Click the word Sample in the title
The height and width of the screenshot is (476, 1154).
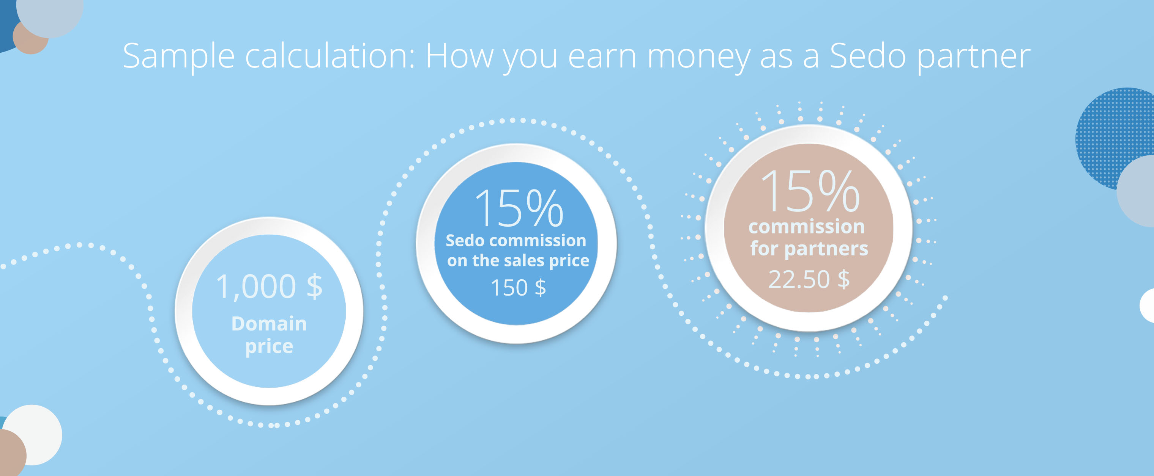click(178, 57)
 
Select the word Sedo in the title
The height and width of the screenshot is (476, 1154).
click(868, 56)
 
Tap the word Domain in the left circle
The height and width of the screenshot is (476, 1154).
click(269, 323)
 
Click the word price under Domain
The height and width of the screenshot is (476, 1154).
click(269, 347)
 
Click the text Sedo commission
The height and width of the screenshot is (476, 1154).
click(516, 241)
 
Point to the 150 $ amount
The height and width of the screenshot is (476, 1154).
click(518, 288)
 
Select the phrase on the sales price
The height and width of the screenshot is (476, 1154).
click(518, 261)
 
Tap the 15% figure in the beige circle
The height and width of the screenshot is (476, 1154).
click(810, 191)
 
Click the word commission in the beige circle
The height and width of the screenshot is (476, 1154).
click(806, 227)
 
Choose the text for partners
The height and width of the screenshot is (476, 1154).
click(809, 249)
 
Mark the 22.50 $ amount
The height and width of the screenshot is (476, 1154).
click(809, 280)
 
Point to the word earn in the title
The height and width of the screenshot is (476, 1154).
click(602, 57)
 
